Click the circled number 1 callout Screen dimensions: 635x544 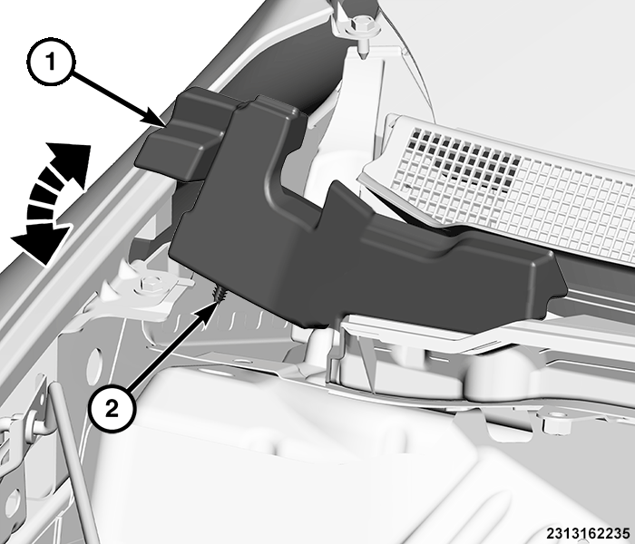51,63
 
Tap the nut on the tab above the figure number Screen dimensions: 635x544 553,423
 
